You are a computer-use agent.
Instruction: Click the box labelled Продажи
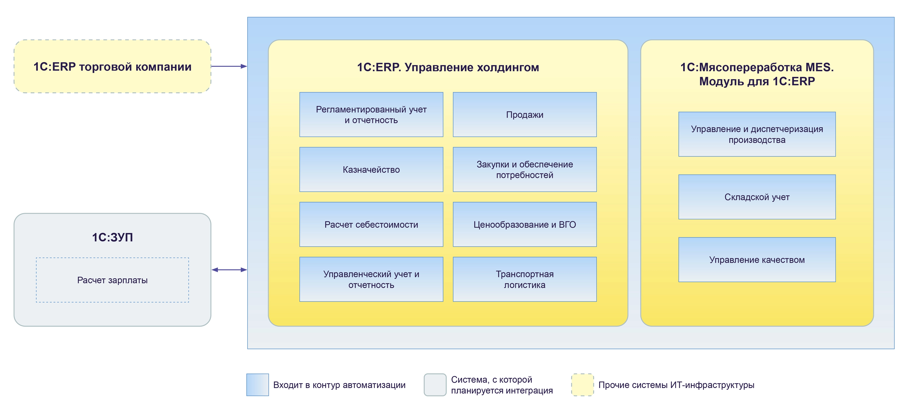coord(525,114)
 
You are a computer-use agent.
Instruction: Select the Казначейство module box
coord(371,169)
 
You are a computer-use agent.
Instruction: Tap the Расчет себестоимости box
coord(371,224)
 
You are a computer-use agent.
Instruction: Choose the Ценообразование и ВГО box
coord(525,224)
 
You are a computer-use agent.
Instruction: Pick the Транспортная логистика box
coord(525,279)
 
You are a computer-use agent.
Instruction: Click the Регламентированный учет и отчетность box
coord(371,114)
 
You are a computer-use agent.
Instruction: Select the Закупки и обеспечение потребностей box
coord(525,169)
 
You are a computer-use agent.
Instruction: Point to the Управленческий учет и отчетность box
coord(371,279)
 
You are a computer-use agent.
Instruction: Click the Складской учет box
coord(757,197)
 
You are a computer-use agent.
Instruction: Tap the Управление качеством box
coord(757,260)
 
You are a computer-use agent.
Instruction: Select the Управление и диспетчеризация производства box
coord(757,134)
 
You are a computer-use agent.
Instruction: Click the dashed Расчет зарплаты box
coord(112,280)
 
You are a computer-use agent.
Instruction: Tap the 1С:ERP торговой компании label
coord(112,67)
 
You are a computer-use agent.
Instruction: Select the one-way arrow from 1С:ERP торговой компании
coord(229,66)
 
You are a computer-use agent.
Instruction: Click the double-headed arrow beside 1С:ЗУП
coord(229,270)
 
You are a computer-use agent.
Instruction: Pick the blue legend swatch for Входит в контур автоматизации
coord(257,384)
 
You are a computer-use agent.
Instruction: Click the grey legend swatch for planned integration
coord(435,384)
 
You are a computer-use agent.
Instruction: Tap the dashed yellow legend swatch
coord(582,384)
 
